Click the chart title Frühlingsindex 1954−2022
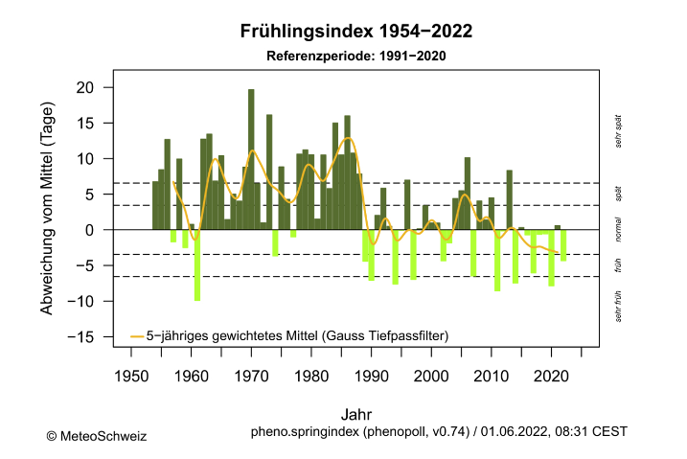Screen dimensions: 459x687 tap(355, 33)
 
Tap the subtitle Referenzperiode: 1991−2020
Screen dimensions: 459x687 tap(355, 56)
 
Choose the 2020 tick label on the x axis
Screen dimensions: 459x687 tap(551, 375)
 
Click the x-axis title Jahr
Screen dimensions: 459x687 tap(355, 414)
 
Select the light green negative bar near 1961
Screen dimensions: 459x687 tap(197, 264)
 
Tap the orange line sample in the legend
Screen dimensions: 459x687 tap(136, 334)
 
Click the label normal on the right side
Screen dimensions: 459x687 tap(619, 229)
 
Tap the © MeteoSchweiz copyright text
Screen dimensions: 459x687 tap(96, 436)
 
